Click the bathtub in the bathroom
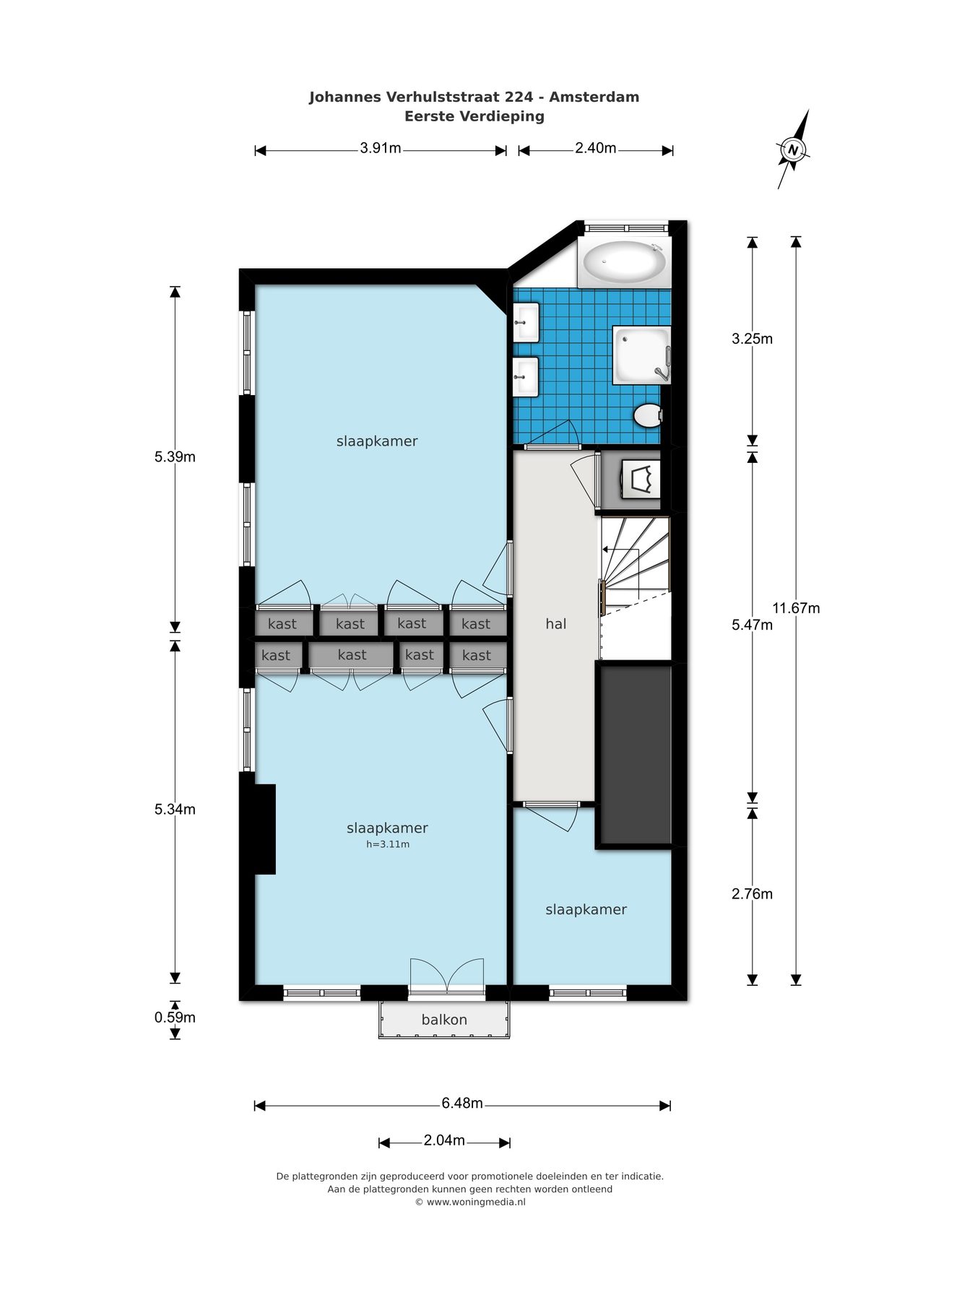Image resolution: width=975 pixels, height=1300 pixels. pyautogui.click(x=625, y=263)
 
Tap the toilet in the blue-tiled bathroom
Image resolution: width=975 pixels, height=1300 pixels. pyautogui.click(x=648, y=415)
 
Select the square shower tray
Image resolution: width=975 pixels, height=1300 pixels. pyautogui.click(x=641, y=355)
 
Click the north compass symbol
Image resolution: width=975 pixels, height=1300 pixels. pyautogui.click(x=793, y=149)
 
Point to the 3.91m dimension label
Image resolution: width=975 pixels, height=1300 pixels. pyautogui.click(x=381, y=149)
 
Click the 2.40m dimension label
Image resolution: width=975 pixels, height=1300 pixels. pyautogui.click(x=595, y=149)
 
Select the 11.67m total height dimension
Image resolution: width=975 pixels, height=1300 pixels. pyautogui.click(x=796, y=608)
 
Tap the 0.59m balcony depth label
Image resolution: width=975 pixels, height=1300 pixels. pyautogui.click(x=175, y=1018)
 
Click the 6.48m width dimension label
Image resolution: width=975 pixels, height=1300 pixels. pyautogui.click(x=462, y=1104)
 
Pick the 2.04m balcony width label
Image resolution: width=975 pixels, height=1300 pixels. pyautogui.click(x=444, y=1140)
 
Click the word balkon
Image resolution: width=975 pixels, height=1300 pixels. pyautogui.click(x=444, y=1020)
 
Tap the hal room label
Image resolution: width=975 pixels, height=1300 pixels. pyautogui.click(x=555, y=624)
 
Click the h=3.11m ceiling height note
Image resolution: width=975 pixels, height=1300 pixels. pyautogui.click(x=388, y=844)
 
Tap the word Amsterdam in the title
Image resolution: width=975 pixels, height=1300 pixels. pyautogui.click(x=594, y=97)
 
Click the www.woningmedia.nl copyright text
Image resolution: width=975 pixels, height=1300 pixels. pyautogui.click(x=470, y=1202)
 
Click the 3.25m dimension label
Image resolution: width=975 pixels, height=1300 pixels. pyautogui.click(x=752, y=339)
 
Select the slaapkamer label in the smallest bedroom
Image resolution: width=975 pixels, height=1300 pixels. pyautogui.click(x=586, y=910)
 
